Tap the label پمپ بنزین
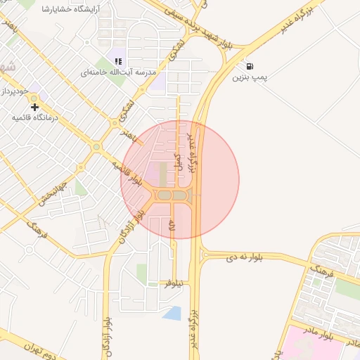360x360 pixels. pyautogui.click(x=251, y=77)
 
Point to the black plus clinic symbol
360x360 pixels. pyautogui.click(x=34, y=107)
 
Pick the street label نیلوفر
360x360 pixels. pyautogui.click(x=174, y=283)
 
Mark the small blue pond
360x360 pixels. pyautogui.click(x=172, y=313)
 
